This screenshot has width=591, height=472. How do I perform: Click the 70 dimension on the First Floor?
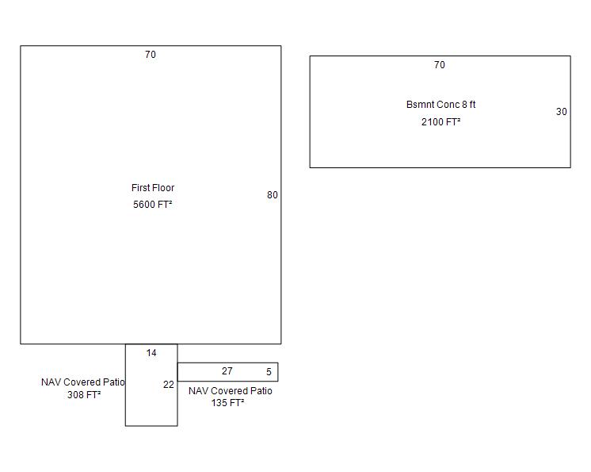(x=151, y=55)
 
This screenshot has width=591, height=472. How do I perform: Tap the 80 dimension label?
(x=273, y=195)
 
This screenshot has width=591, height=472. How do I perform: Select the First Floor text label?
(x=153, y=188)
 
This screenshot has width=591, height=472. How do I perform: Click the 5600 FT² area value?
(x=153, y=205)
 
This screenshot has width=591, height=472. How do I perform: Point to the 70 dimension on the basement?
(x=440, y=65)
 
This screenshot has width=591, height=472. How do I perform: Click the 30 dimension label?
(x=561, y=112)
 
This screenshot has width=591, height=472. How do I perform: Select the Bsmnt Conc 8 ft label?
(x=440, y=105)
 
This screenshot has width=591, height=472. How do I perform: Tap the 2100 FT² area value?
(x=440, y=122)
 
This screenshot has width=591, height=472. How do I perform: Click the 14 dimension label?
(x=151, y=353)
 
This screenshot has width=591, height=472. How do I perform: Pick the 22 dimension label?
(x=169, y=385)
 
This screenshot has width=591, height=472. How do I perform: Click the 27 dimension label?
(x=227, y=371)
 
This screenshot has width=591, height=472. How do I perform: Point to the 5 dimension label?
(x=269, y=372)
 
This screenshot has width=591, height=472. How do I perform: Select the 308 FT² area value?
(x=84, y=395)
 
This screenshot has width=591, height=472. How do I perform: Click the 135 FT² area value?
(x=227, y=403)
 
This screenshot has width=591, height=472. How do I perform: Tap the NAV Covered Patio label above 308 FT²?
(x=83, y=382)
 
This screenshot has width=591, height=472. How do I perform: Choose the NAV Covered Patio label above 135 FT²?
(x=231, y=391)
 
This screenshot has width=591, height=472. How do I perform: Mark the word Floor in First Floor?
(x=163, y=188)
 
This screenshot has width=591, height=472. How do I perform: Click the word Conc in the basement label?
(x=450, y=105)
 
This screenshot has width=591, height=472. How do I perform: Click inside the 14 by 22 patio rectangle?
(x=151, y=404)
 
